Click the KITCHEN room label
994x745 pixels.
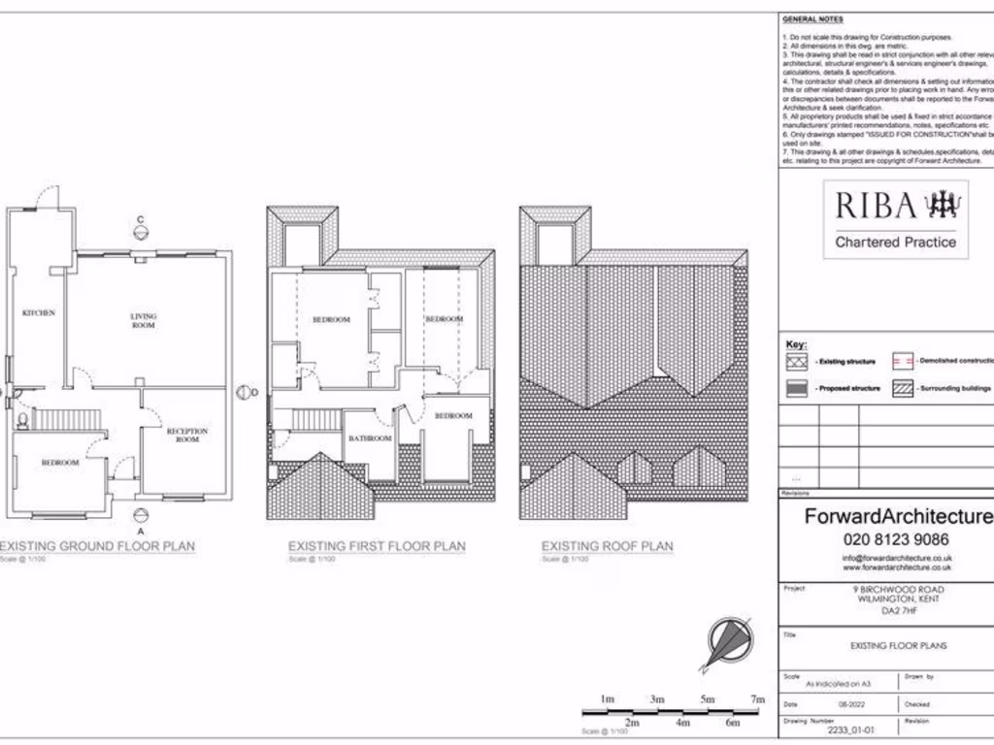[39, 312]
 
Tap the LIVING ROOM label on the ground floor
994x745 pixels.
[144, 320]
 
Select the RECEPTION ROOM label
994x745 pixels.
[186, 435]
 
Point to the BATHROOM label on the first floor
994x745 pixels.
[370, 438]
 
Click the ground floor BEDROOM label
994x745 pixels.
[60, 463]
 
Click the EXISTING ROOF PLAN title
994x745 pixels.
[607, 546]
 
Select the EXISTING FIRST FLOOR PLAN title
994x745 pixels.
[377, 546]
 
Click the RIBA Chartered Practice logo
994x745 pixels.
[895, 220]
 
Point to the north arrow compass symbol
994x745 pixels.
[728, 642]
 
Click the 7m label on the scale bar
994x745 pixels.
[757, 699]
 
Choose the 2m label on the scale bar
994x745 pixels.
[632, 723]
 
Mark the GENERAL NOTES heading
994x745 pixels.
[812, 19]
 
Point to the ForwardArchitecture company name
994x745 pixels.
[897, 517]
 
